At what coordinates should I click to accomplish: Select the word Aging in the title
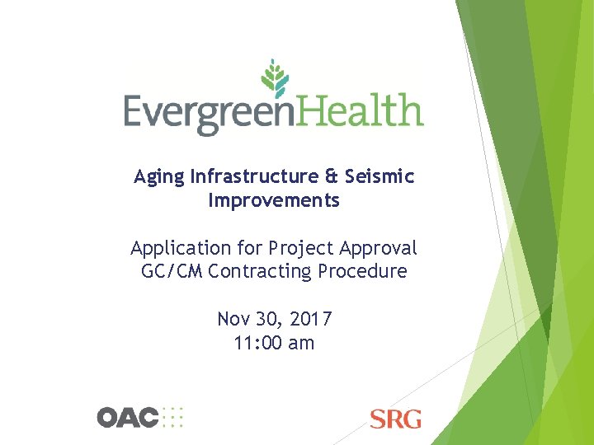point(160,177)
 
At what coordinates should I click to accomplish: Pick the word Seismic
point(380,176)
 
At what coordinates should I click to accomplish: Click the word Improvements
point(274,200)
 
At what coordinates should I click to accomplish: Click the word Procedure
point(366,271)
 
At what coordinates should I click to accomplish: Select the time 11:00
point(257,343)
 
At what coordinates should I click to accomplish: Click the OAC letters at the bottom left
point(128,417)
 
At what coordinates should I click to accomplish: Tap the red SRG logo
point(396,419)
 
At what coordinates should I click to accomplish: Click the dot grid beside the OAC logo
point(173,417)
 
